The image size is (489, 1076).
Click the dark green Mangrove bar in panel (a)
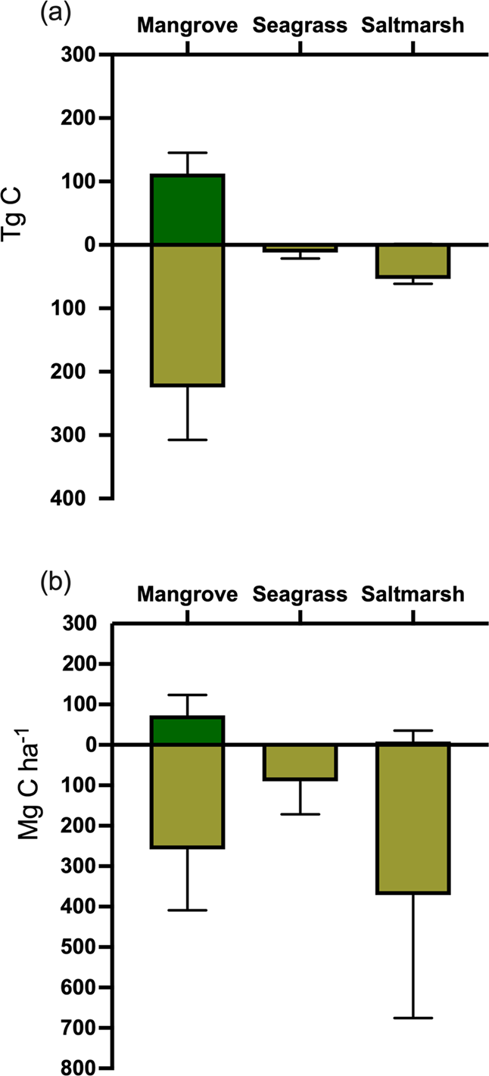click(187, 210)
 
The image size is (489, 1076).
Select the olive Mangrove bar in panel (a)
click(187, 315)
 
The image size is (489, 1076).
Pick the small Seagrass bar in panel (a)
click(301, 247)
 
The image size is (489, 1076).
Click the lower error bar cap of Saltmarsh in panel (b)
click(413, 1018)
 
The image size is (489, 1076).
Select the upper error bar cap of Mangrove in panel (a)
click(187, 153)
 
